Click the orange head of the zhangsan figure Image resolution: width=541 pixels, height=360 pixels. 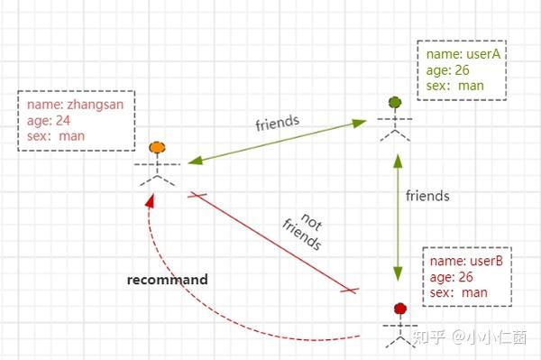157,147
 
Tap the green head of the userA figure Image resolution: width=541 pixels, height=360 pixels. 394,102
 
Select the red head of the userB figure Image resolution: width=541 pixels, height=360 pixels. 399,309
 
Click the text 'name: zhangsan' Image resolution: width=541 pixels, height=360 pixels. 75,104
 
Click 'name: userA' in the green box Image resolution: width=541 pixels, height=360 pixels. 463,54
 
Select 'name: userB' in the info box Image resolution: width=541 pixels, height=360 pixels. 465,262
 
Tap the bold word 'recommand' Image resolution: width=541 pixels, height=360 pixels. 168,280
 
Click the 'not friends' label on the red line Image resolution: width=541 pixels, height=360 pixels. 301,232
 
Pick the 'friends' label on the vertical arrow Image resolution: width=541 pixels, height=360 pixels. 427,195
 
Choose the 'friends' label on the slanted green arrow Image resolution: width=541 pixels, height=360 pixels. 278,120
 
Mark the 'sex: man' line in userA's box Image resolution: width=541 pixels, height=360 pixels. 457,86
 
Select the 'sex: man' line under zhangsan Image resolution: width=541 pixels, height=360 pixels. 54,136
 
